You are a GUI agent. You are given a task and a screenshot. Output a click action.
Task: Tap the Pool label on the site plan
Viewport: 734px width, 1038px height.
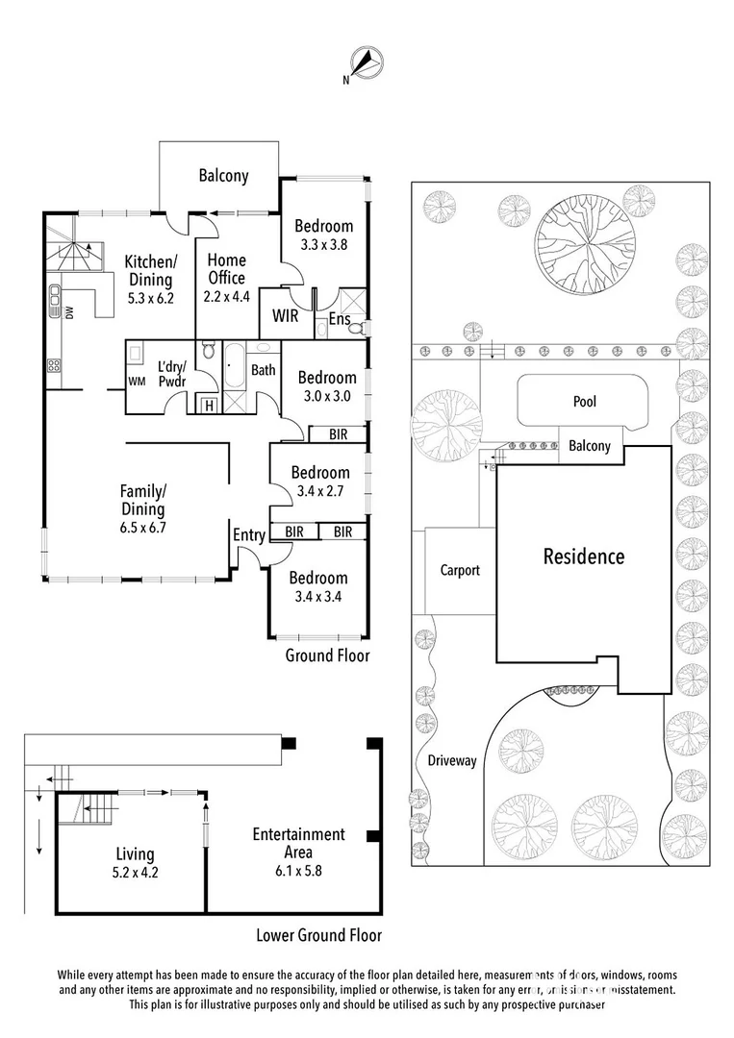(x=585, y=401)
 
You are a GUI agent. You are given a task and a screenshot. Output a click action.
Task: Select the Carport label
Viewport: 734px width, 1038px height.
(x=460, y=570)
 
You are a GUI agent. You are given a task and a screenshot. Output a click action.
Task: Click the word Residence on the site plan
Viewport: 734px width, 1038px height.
(x=584, y=556)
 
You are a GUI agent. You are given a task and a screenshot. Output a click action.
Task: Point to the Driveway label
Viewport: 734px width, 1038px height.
(x=452, y=760)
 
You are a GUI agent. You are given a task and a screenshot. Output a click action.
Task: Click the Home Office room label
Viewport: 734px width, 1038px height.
(x=227, y=269)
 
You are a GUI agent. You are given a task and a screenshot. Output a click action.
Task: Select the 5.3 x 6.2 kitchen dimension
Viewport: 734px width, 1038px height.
(x=151, y=299)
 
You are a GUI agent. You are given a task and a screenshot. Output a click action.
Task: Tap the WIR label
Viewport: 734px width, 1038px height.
(x=285, y=316)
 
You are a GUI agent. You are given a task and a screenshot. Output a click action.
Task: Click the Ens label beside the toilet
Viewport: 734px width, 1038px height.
(x=340, y=319)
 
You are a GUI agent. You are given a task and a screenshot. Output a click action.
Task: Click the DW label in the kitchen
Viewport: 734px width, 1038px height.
(x=70, y=311)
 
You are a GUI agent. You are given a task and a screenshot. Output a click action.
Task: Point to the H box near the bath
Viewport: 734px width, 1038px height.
(x=209, y=406)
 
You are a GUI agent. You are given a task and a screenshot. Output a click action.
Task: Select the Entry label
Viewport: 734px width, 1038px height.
(x=248, y=535)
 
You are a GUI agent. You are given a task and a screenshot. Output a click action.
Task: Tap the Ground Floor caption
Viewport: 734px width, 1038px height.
(x=327, y=655)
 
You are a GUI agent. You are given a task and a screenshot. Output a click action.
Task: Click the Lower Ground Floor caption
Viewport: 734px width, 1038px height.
(x=318, y=935)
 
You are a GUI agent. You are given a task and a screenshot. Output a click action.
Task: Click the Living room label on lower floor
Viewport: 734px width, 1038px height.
(x=135, y=854)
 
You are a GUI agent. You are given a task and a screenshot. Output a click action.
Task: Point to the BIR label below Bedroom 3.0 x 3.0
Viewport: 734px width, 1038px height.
(x=338, y=435)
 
